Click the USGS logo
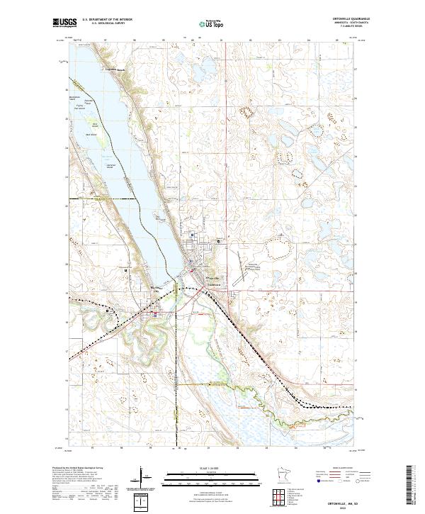(x=62, y=23)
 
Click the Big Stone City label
(x=157, y=287)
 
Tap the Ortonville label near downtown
(x=210, y=277)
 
